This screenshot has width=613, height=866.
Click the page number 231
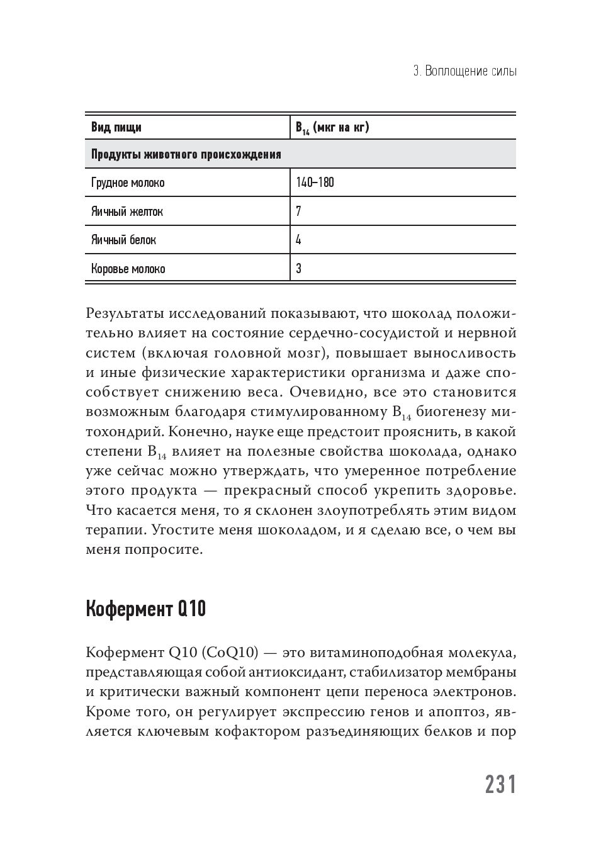pos(500,785)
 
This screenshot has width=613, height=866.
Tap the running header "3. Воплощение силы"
pos(464,71)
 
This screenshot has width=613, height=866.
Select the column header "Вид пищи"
pos(116,127)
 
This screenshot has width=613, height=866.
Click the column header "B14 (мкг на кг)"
pos(332,128)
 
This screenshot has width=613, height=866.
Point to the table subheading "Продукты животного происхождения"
pos(186,155)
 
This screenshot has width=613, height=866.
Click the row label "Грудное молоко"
pos(128,183)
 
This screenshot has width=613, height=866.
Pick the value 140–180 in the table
pos(315,183)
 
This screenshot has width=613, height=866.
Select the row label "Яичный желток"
pos(127,211)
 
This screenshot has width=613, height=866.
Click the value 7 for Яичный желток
pos(298,211)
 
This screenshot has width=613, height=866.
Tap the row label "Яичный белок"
pos(123,240)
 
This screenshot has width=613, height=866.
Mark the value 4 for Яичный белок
pos(298,240)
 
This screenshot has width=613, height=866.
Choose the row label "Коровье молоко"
pos(128,269)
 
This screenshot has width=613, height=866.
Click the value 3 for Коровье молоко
pos(298,269)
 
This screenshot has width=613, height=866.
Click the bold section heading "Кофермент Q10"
pos(145,609)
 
